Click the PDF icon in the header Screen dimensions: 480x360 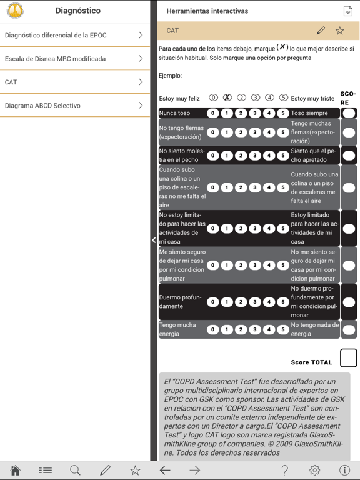(347, 11)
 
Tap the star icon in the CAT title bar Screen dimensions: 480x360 (339, 31)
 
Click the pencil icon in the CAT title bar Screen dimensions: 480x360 (321, 31)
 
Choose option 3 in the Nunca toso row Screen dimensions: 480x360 (255, 113)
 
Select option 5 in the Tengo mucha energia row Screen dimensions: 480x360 (283, 329)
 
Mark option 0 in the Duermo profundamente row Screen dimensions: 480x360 (213, 302)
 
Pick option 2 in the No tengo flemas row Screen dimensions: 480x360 (241, 132)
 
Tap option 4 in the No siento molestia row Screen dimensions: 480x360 (269, 156)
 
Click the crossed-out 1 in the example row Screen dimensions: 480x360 (227, 97)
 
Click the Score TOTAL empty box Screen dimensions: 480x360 (348, 358)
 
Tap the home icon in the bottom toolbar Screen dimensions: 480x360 (16, 471)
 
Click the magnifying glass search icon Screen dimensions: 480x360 (75, 471)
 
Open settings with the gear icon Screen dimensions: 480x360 (314, 471)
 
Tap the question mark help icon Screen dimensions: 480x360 (284, 471)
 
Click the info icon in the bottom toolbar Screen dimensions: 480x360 (344, 471)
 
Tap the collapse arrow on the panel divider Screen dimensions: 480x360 (154, 240)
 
